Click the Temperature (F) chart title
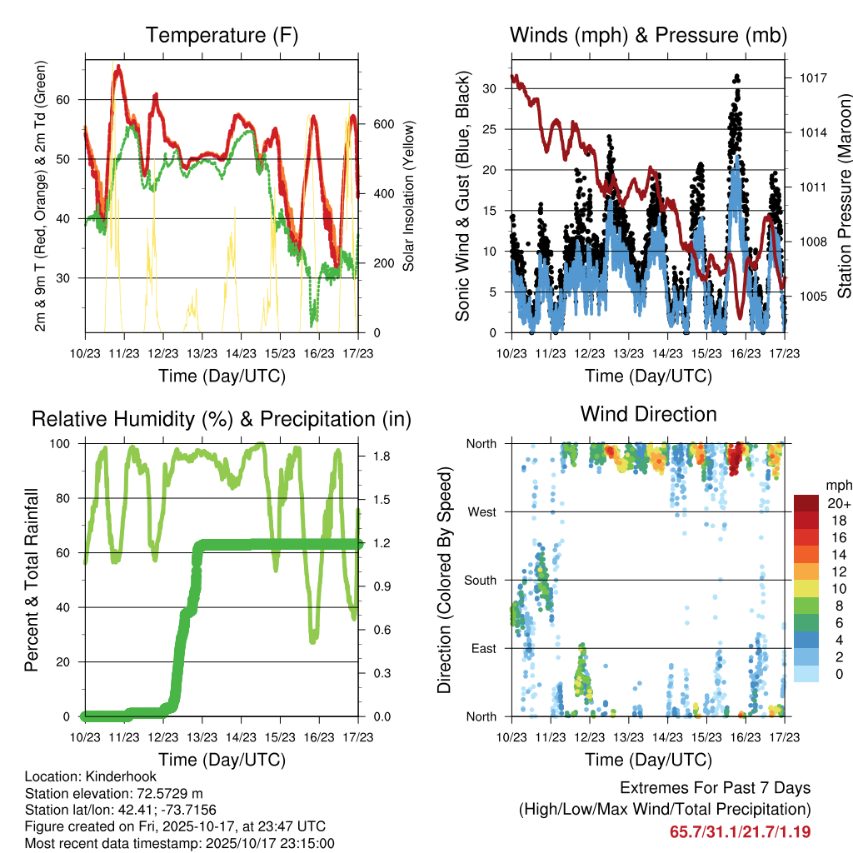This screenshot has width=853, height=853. click(222, 35)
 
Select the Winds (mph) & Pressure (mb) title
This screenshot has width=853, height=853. click(648, 35)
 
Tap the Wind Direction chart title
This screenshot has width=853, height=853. click(648, 413)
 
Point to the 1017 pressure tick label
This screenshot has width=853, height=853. click(813, 77)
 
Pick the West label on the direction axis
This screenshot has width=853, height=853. click(481, 511)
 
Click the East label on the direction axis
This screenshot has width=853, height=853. click(481, 648)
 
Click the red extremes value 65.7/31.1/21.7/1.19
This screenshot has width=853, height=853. click(740, 831)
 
